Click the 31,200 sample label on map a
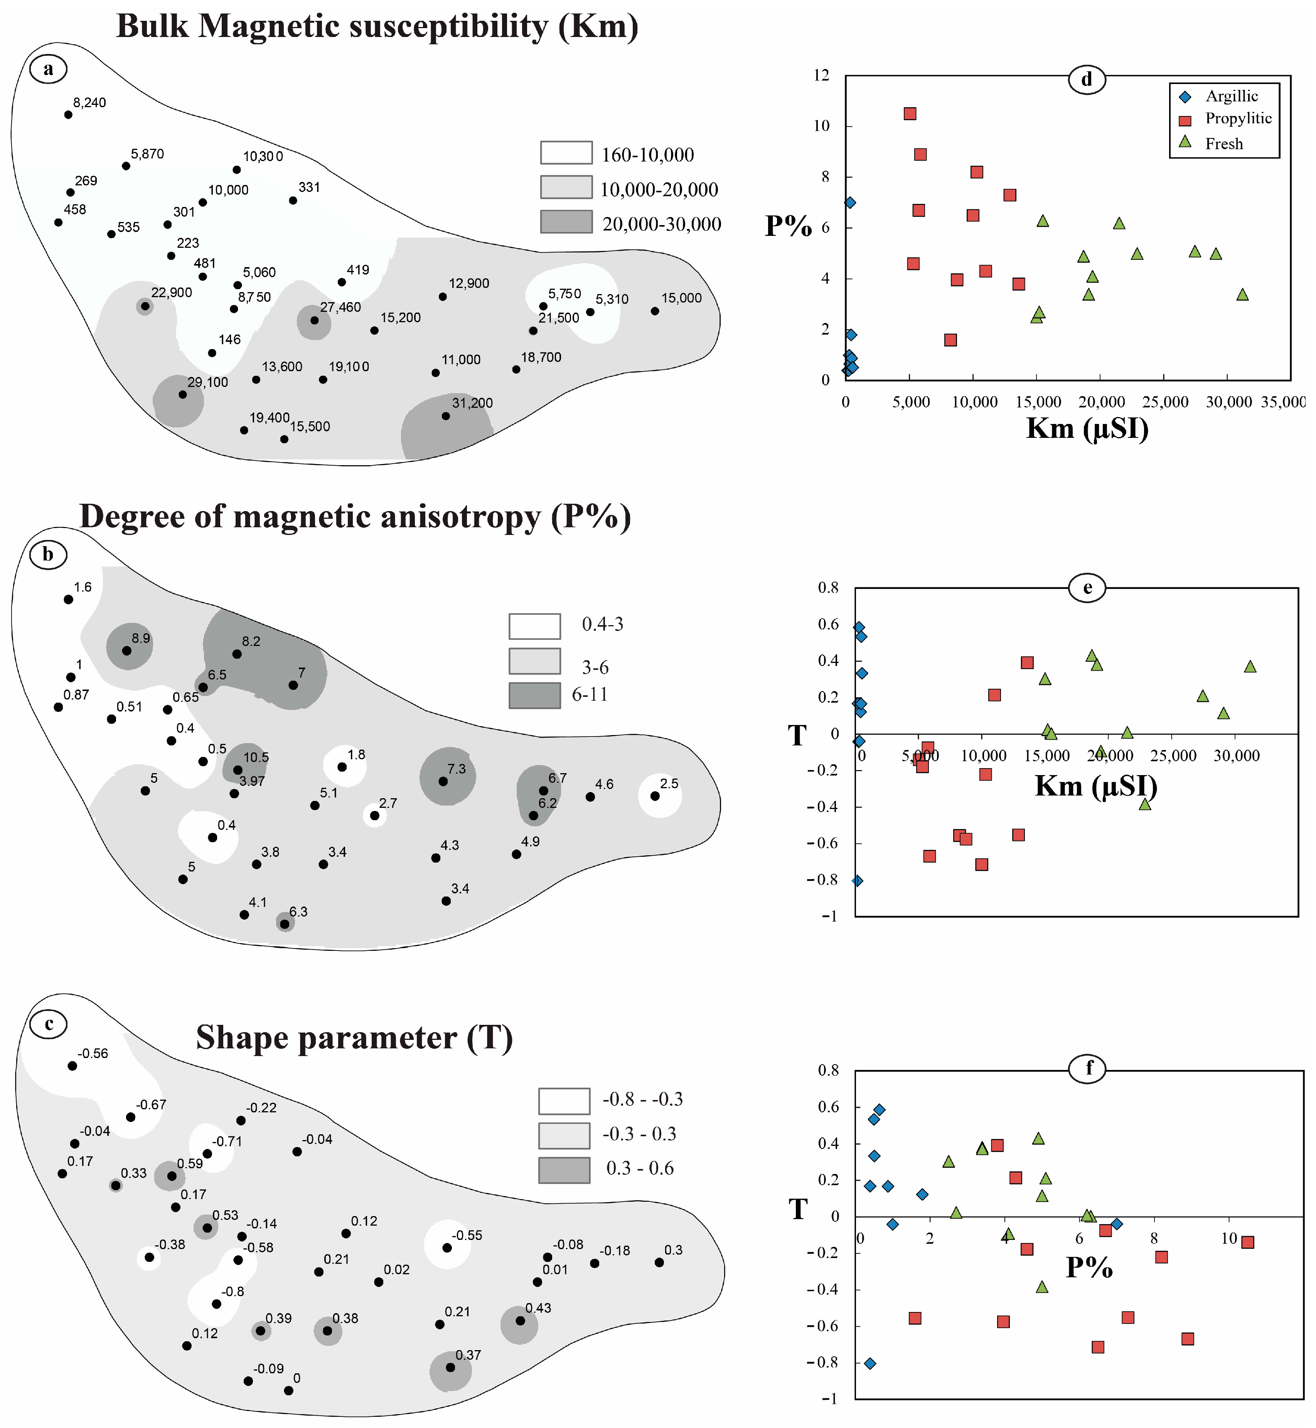pyautogui.click(x=472, y=403)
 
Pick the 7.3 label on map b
pyautogui.click(x=457, y=769)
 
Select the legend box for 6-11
pyautogui.click(x=534, y=695)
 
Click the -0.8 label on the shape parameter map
pyautogui.click(x=233, y=1291)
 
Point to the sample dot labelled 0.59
pyautogui.click(x=172, y=1176)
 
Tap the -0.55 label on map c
pyautogui.click(x=467, y=1235)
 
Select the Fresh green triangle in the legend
pyautogui.click(x=1185, y=142)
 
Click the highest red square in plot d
pyautogui.click(x=909, y=114)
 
